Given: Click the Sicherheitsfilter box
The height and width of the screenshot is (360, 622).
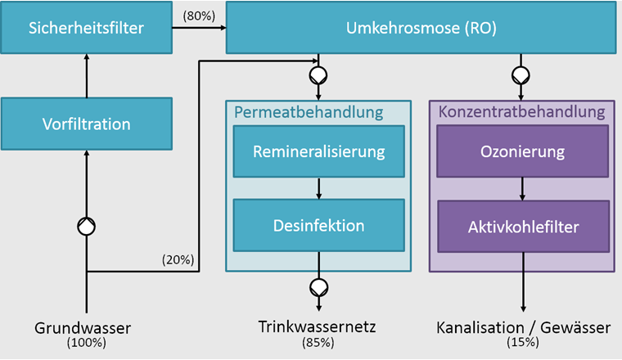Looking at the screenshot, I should tap(86, 28).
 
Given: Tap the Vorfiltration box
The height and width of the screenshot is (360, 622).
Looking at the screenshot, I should tap(86, 124).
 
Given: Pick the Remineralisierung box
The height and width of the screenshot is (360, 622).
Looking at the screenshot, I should tap(318, 151).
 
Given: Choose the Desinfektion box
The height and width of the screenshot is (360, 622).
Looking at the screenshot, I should tap(318, 225).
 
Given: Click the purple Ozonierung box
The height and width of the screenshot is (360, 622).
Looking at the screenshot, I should tap(522, 151).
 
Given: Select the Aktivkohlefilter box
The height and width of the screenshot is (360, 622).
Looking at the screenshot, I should tap(522, 225).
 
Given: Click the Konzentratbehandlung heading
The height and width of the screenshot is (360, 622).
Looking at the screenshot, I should tap(521, 111).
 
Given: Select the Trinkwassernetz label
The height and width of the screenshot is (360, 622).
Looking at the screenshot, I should tap(318, 328).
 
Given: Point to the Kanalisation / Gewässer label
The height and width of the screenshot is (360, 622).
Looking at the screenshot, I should tap(523, 328).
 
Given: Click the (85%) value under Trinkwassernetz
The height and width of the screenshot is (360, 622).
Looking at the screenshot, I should tap(318, 343).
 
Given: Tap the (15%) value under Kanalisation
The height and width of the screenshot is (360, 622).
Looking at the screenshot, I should tap(523, 343).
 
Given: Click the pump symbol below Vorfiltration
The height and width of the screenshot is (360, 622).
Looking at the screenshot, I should tap(87, 227).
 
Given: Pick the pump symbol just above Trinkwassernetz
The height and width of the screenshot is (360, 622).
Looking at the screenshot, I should tap(318, 287).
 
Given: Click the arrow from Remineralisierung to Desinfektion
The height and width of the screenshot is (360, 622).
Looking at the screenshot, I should tap(318, 187).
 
